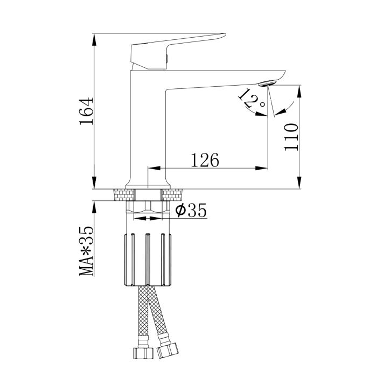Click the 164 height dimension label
pyautogui.click(x=86, y=111)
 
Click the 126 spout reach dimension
pyautogui.click(x=205, y=160)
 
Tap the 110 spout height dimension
pyautogui.click(x=291, y=137)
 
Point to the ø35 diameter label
pyautogui.click(x=191, y=210)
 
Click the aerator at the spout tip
pyautogui.click(x=267, y=83)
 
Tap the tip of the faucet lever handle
pyautogui.click(x=226, y=34)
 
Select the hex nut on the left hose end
pyautogui.click(x=143, y=352)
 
